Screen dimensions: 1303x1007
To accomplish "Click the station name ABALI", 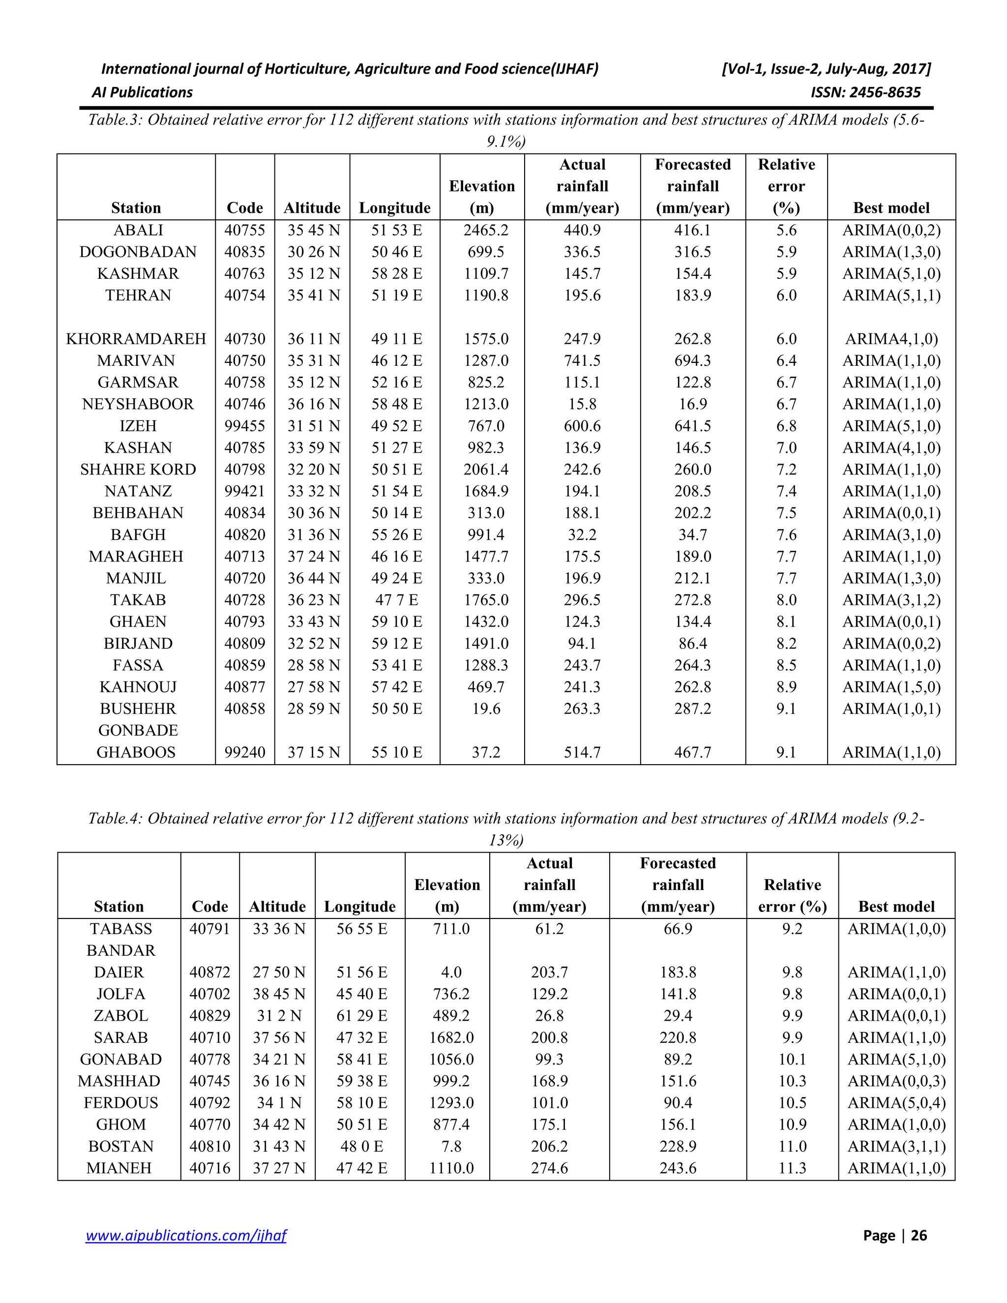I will click(138, 230).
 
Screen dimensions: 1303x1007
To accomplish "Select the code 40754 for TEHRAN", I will click(244, 296).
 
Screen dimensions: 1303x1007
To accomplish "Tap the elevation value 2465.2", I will click(486, 230).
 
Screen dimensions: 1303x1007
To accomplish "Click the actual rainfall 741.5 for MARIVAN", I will click(582, 361).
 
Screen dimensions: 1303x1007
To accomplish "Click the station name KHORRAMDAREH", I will click(136, 339).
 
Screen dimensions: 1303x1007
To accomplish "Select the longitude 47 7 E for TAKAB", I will click(396, 600).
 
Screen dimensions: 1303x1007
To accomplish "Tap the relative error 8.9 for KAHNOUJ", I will click(786, 687).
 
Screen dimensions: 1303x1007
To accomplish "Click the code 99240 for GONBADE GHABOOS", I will click(244, 752).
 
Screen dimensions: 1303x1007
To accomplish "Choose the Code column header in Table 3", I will click(244, 207).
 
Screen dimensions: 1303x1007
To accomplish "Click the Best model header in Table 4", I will click(896, 906).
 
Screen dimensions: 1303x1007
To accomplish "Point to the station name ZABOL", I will click(120, 1015).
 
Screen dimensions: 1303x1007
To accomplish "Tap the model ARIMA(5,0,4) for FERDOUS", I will click(896, 1102).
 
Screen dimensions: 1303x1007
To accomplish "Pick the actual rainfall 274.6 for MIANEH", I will click(549, 1168).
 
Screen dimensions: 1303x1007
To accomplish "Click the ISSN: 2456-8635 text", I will click(865, 92).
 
